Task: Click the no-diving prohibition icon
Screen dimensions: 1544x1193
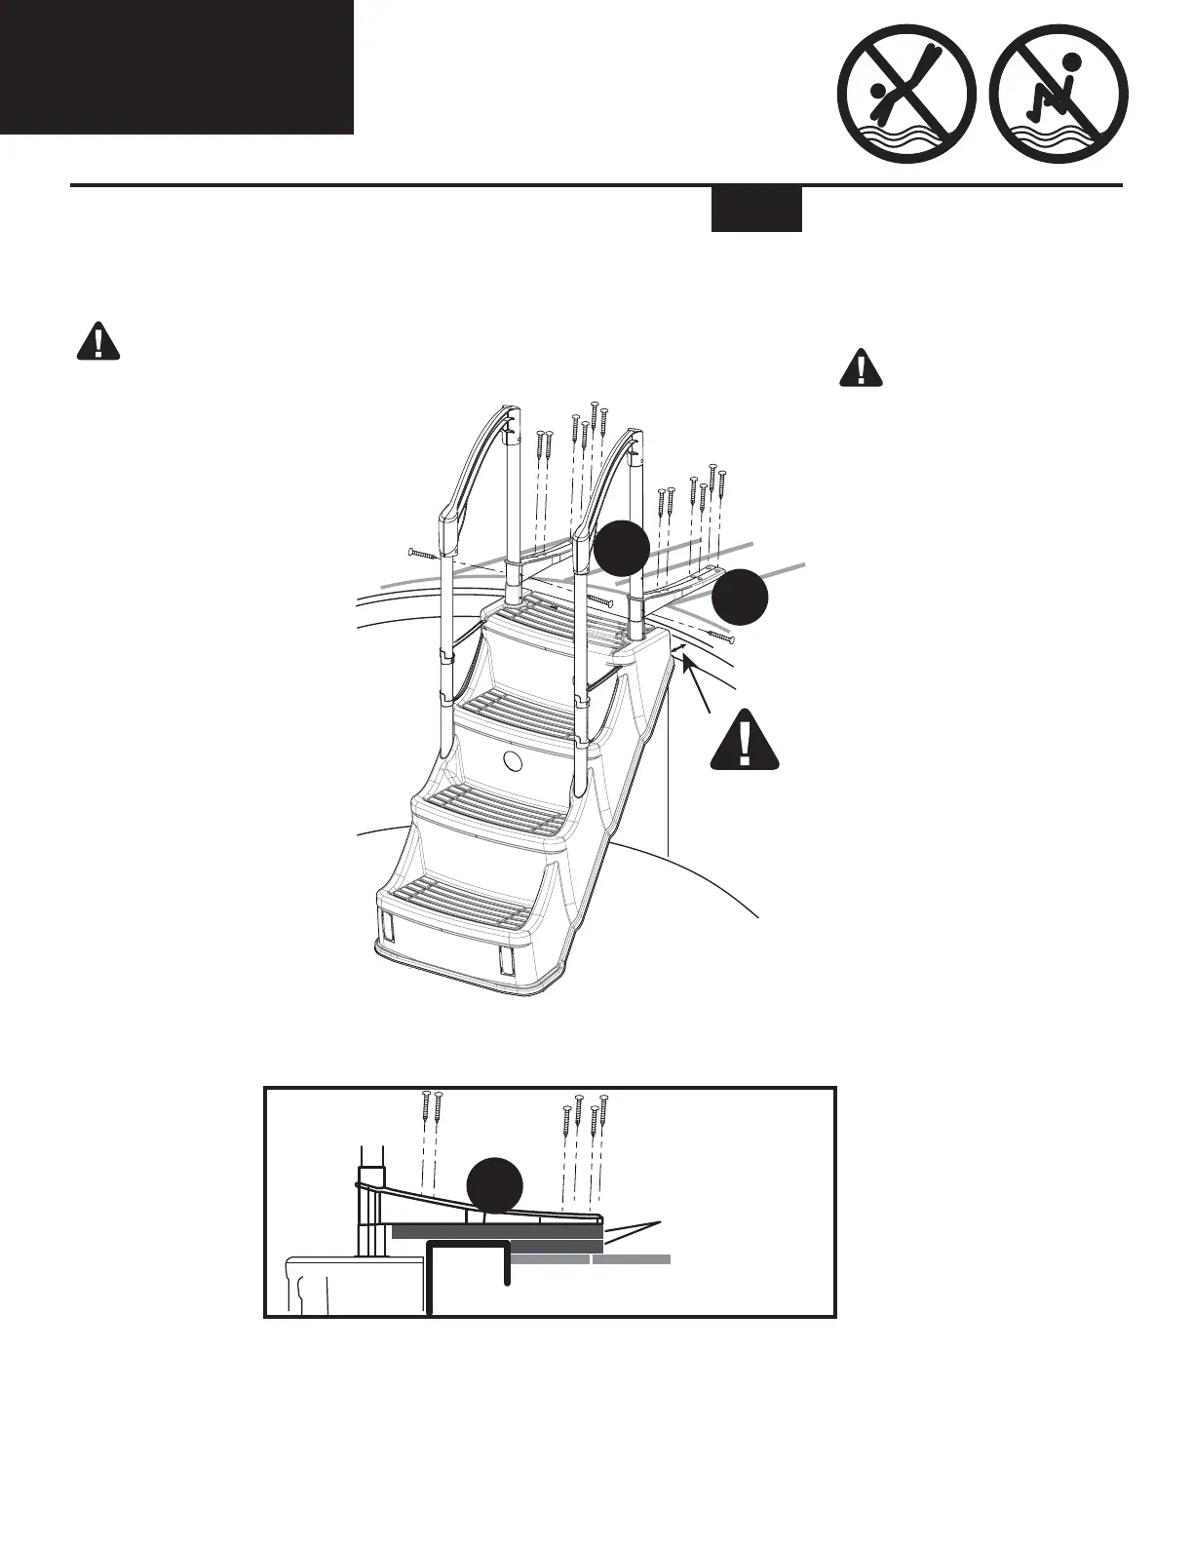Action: (x=907, y=107)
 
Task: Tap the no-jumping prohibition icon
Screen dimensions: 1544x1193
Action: (x=1058, y=107)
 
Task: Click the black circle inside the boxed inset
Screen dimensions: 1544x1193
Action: (x=495, y=1184)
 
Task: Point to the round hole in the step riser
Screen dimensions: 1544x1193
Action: (x=513, y=761)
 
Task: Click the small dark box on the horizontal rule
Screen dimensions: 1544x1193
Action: (x=756, y=209)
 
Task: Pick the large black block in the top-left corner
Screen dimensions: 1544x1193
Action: (x=176, y=66)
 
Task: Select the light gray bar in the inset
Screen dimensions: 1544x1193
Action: (x=591, y=1259)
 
